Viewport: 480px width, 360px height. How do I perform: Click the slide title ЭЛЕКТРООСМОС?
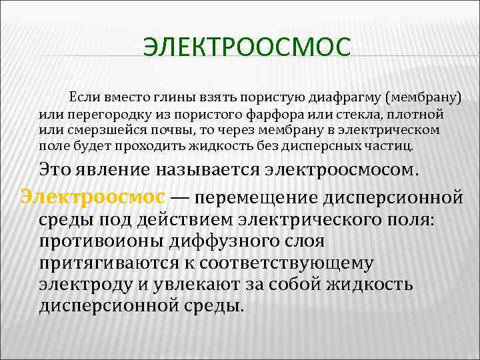click(247, 48)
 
